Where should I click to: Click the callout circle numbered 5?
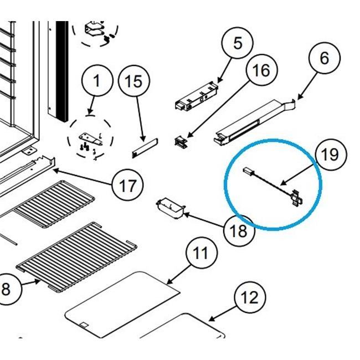pos(238,43)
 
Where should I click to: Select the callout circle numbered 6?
pos(325,57)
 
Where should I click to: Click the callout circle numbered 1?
pos(97,81)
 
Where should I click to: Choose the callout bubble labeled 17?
pos(127,185)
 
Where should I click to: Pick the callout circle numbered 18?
pos(239,230)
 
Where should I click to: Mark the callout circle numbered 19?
pos(329,154)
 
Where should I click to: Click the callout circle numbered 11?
pos(200,254)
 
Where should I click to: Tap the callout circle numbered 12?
pos(250,297)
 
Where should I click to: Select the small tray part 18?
pos(170,208)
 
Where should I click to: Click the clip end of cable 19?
pos(296,198)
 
